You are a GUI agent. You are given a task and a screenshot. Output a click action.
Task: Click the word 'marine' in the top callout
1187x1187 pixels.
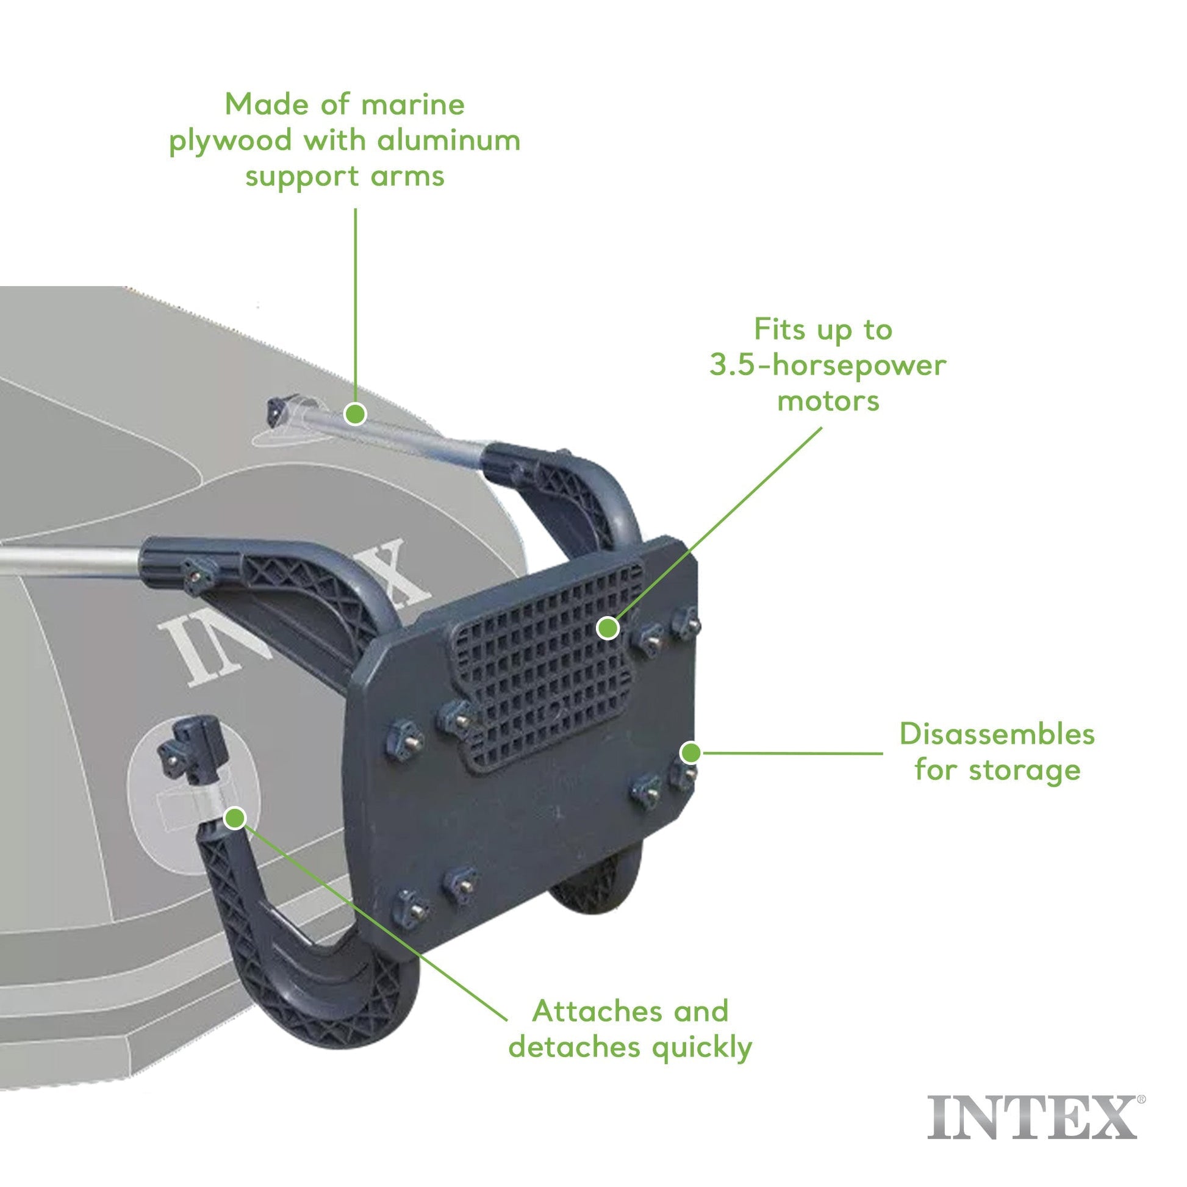click(412, 104)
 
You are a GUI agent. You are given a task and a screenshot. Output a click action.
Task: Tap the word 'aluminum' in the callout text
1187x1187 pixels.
click(448, 141)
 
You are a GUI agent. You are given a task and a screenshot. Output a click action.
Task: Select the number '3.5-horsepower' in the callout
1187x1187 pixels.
click(828, 365)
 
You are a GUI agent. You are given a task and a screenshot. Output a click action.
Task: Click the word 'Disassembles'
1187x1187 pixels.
click(997, 734)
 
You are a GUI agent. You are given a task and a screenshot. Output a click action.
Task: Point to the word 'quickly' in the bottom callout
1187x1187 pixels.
click(701, 1047)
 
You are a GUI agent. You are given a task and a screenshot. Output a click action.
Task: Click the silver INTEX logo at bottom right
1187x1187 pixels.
click(1032, 1116)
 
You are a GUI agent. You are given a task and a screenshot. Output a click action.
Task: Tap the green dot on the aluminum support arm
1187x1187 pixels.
click(355, 414)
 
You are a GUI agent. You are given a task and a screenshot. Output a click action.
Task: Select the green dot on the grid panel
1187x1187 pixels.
click(608, 628)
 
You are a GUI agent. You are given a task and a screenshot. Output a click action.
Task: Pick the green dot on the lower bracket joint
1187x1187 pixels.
click(235, 818)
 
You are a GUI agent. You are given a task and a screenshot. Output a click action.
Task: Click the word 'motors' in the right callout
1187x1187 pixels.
click(828, 401)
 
